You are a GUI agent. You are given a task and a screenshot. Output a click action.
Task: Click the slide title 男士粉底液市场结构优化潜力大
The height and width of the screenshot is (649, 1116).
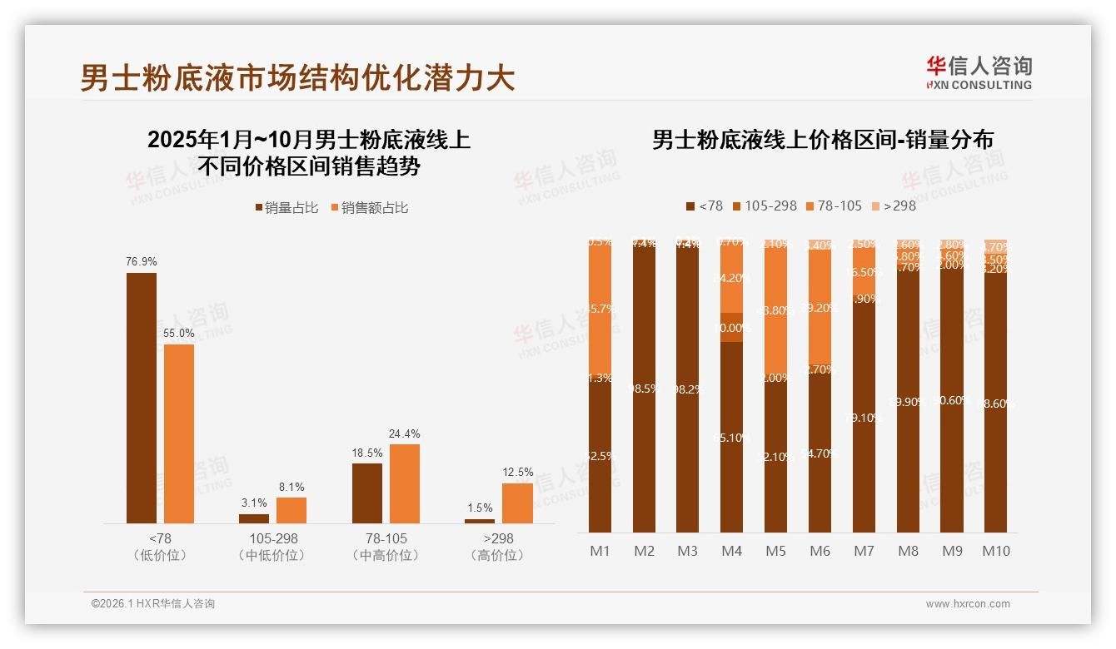pos(297,77)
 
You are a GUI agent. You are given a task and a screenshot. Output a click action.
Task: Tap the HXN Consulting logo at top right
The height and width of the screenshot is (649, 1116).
pos(979,73)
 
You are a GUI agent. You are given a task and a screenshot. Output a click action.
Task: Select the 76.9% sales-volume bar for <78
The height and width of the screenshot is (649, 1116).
pos(142,398)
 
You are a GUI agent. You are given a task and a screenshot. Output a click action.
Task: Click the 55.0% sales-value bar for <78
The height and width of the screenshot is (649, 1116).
pos(179,433)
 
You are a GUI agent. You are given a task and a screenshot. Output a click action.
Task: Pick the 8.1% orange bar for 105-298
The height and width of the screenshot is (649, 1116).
pos(291,510)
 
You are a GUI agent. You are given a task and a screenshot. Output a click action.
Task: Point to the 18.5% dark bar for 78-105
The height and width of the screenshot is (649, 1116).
pos(367,493)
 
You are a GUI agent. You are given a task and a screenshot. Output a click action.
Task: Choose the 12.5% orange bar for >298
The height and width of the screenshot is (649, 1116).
pos(517,503)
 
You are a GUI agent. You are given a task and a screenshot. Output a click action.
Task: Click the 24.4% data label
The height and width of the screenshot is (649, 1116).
pos(405,433)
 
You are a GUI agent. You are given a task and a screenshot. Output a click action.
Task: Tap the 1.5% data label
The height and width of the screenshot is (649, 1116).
pos(480,508)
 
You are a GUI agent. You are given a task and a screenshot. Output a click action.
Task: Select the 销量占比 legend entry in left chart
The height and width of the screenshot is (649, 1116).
pos(286,208)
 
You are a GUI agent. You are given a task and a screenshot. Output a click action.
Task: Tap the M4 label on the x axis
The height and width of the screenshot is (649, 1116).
pos(731,551)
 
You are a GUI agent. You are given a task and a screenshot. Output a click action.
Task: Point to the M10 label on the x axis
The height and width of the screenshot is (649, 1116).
pos(995,551)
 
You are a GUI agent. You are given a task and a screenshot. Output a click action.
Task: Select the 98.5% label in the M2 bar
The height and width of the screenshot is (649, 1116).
pos(644,388)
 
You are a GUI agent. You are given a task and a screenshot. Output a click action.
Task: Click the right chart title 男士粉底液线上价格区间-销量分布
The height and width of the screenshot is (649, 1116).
pos(822,140)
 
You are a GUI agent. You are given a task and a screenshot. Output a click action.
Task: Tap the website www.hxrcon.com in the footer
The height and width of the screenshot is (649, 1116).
pos(968,604)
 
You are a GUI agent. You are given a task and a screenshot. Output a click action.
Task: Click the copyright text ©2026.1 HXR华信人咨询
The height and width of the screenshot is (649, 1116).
pos(152,604)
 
